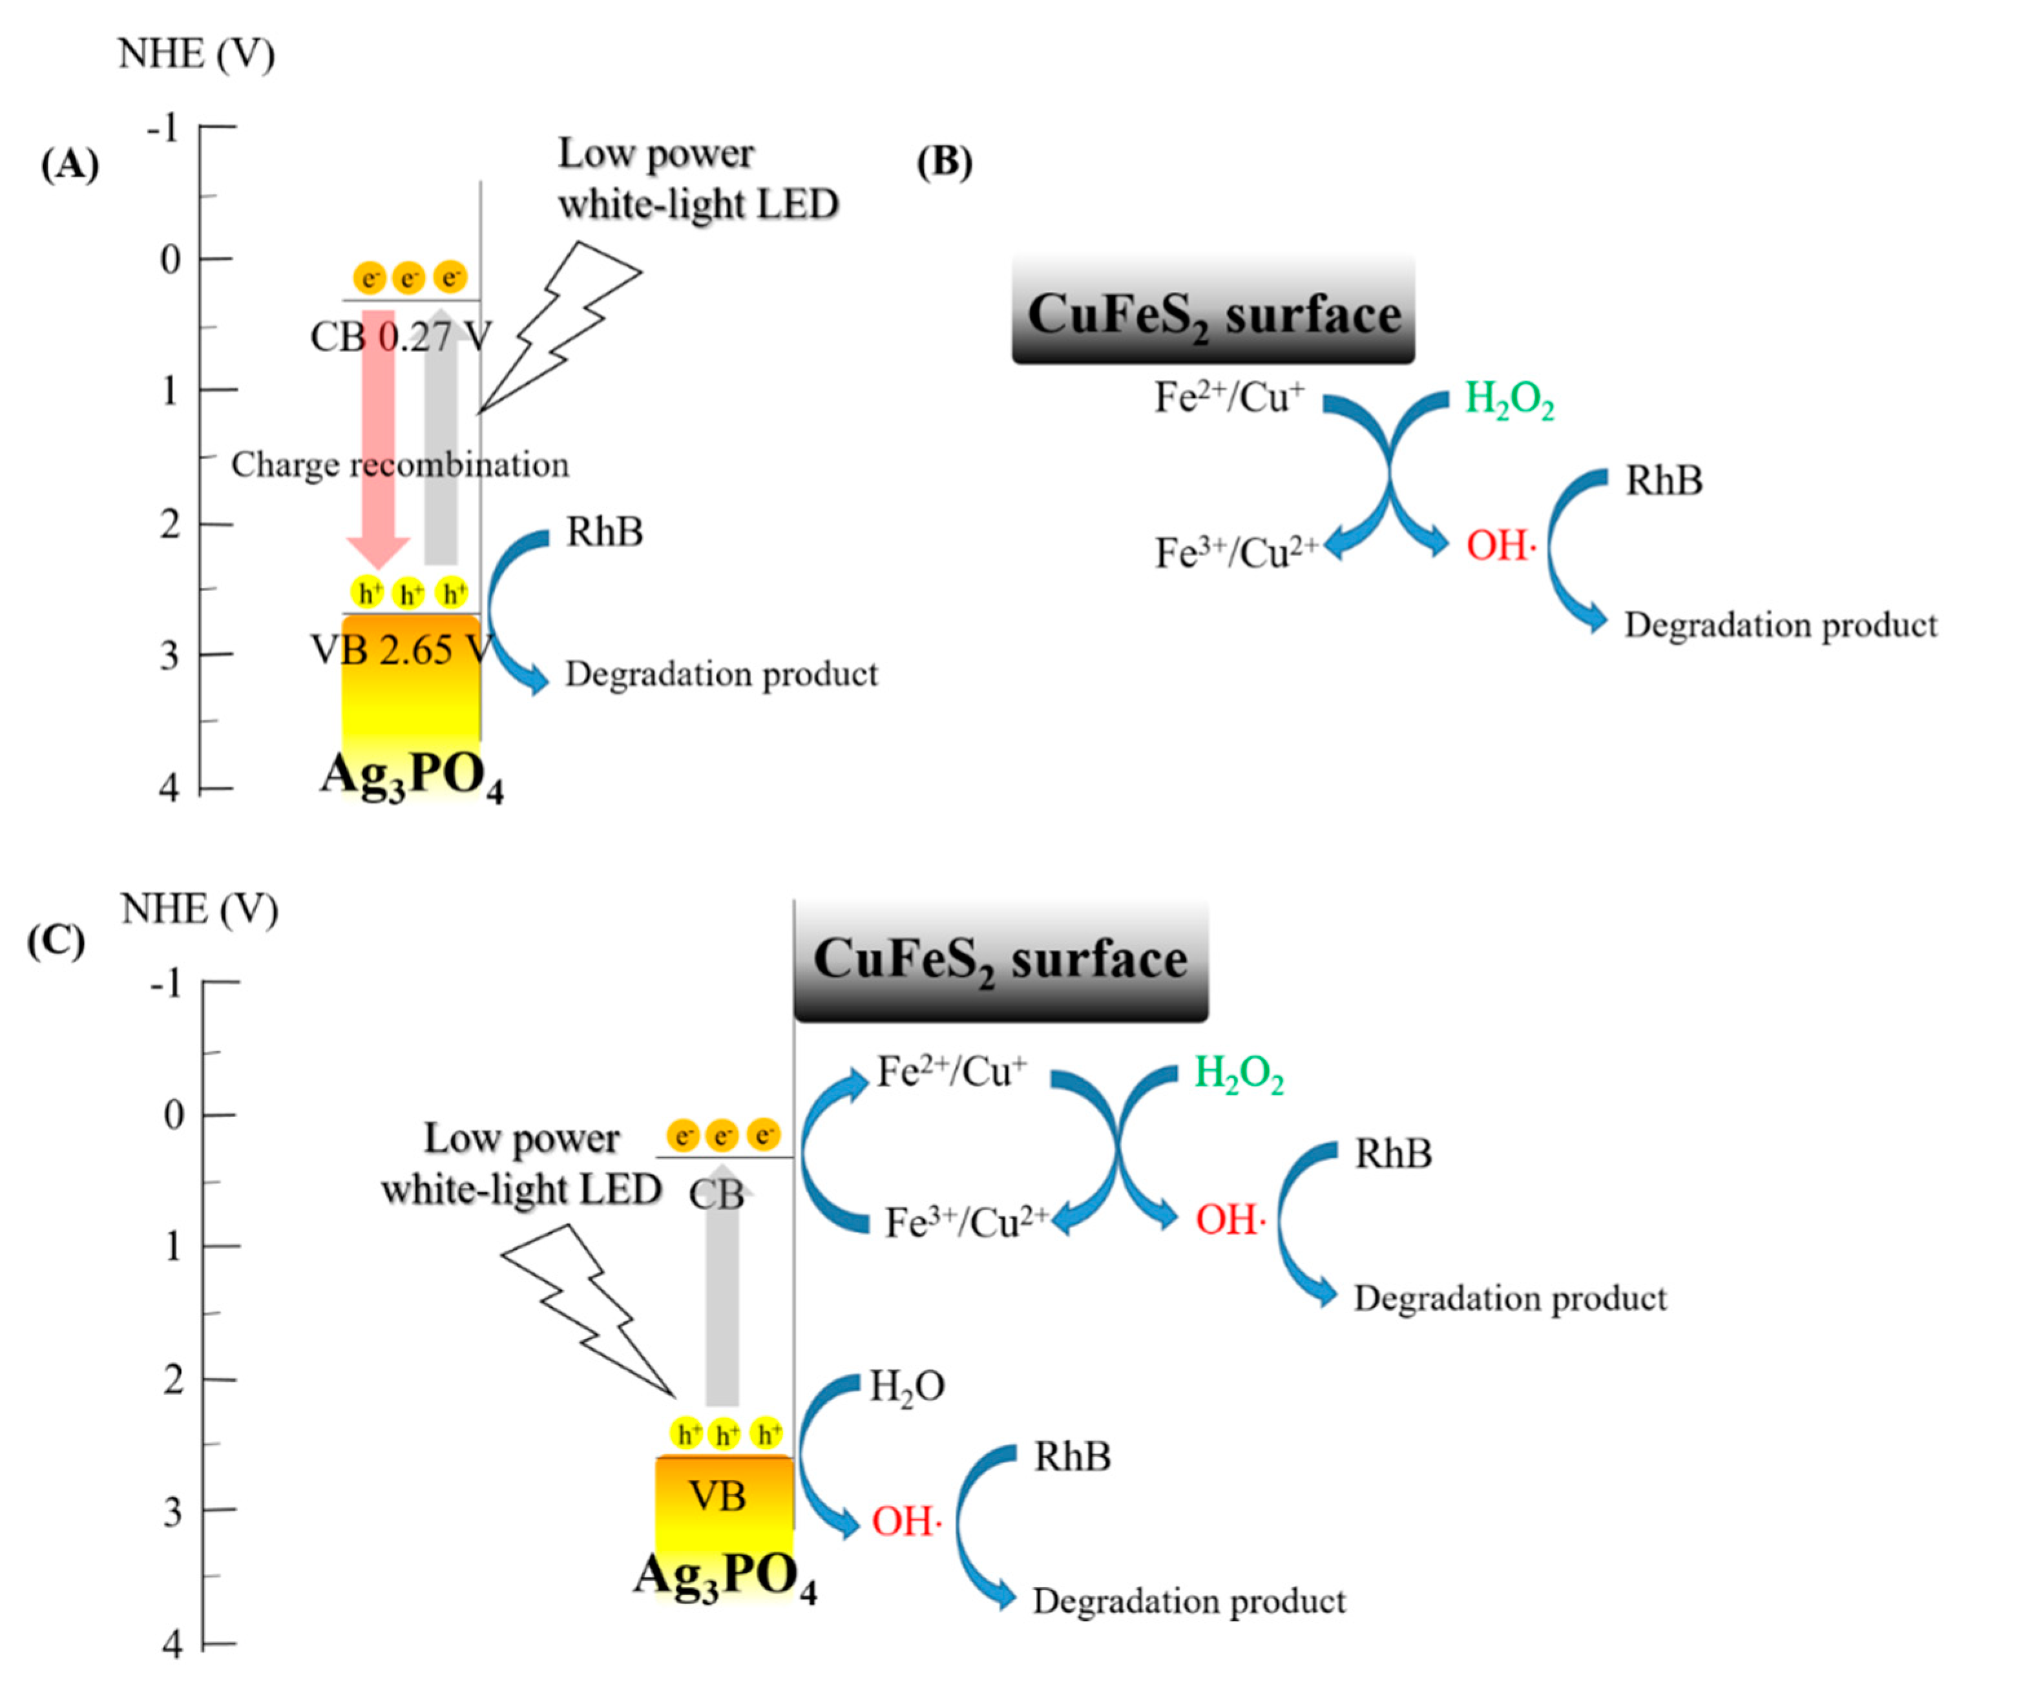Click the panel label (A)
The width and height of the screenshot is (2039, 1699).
[70, 165]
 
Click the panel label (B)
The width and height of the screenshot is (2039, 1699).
[944, 162]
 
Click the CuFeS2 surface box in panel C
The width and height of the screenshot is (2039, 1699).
[1000, 959]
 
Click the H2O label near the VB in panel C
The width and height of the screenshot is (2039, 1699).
[906, 1386]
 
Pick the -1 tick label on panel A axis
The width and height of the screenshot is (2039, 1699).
[163, 127]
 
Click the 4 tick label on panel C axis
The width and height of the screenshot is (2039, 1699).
[173, 1645]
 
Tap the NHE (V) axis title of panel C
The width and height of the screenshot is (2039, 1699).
[199, 910]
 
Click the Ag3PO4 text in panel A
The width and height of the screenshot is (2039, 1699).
[412, 776]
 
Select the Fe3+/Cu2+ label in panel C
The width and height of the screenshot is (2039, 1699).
[965, 1222]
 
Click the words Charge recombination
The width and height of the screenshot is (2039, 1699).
[400, 465]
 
